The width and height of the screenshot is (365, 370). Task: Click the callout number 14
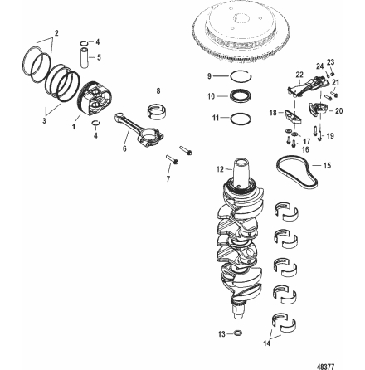pyautogui.click(x=310, y=342)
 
